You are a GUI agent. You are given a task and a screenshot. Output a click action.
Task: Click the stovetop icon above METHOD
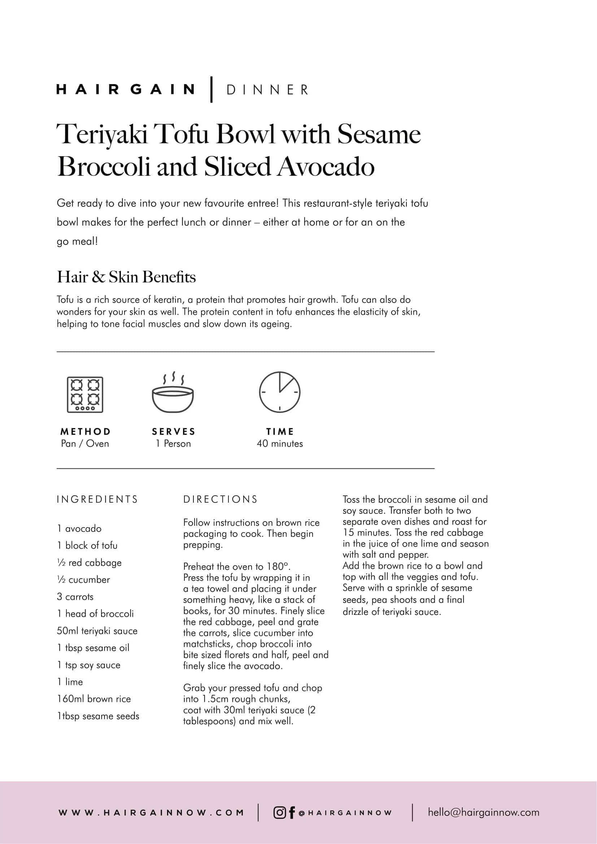(x=85, y=394)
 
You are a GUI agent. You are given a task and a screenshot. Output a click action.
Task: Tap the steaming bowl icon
(x=173, y=394)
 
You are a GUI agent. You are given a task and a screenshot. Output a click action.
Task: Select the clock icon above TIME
(x=280, y=392)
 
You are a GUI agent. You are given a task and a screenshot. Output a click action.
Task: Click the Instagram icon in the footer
(x=280, y=812)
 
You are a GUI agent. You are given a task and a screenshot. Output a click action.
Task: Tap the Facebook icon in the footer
(x=292, y=813)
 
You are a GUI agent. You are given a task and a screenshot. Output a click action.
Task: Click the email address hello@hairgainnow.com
(x=483, y=812)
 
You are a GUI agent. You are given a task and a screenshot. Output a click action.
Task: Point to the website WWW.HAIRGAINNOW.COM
(x=151, y=813)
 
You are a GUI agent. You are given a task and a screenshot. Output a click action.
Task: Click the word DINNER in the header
(x=267, y=90)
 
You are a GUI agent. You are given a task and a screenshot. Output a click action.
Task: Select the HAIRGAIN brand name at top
(x=126, y=89)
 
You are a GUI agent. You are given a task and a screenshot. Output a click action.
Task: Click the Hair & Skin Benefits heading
(x=126, y=277)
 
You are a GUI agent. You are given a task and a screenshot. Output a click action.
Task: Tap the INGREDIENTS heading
(x=97, y=499)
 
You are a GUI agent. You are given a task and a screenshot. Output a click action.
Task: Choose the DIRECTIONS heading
(x=221, y=499)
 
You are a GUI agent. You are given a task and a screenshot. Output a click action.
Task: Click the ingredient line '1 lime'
(x=70, y=682)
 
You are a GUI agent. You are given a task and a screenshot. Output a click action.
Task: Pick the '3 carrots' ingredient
(x=75, y=596)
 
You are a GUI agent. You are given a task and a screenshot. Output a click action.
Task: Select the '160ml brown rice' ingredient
(x=94, y=699)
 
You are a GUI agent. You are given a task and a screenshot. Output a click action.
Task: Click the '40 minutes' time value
(x=280, y=444)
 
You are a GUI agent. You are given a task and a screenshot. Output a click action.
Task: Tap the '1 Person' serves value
(x=173, y=444)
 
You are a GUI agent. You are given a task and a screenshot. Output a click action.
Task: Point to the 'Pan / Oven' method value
(x=85, y=444)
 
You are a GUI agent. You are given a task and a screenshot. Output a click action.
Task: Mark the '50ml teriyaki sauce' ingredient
(x=97, y=631)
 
